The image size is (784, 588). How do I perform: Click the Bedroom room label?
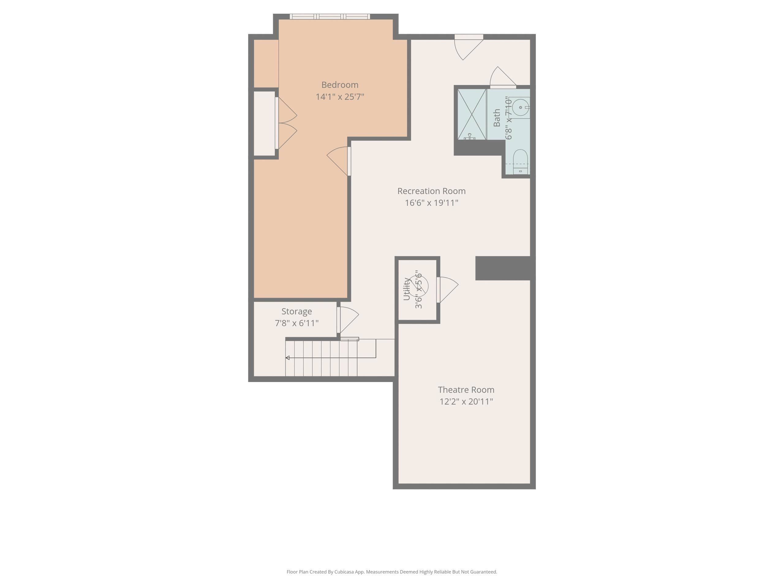point(340,85)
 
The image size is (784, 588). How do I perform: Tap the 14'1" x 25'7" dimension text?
point(340,97)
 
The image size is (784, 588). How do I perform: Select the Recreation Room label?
point(431,191)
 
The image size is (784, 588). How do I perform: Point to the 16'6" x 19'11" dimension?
point(431,203)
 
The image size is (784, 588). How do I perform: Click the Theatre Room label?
point(466,390)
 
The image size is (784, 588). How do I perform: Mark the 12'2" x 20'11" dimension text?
point(466,401)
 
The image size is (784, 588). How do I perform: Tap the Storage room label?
point(296,311)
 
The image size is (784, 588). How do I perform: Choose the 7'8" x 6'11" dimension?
point(296,323)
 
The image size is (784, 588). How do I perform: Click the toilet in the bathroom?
point(520,162)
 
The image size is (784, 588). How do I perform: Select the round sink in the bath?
point(520,107)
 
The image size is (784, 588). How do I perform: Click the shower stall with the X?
point(471,115)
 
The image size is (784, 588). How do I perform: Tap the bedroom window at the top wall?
point(330,17)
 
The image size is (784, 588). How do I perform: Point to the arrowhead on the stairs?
point(288,358)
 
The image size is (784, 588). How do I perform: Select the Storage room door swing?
point(348,318)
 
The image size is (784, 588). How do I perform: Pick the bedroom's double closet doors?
point(286,123)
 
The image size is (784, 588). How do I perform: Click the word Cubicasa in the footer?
point(344,572)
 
